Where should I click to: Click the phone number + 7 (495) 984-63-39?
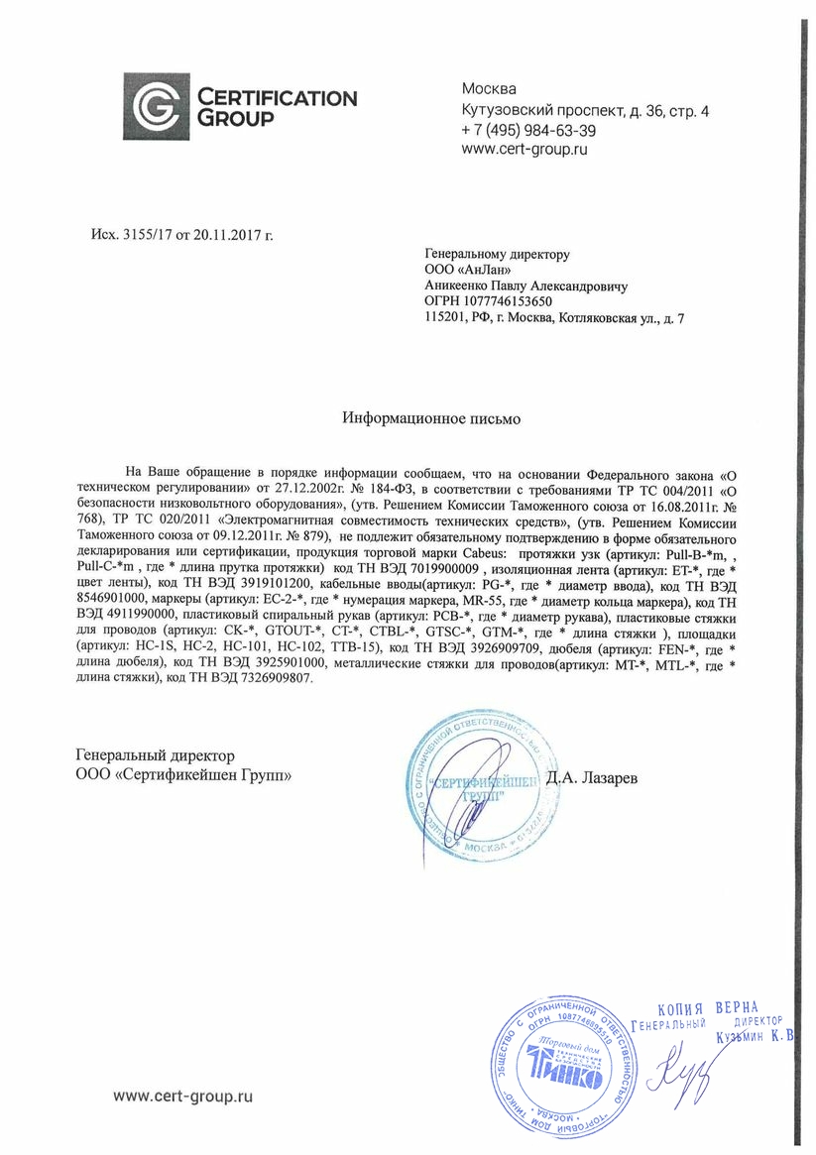click(x=528, y=131)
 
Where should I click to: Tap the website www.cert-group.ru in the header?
click(x=525, y=150)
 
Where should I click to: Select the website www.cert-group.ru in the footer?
click(x=183, y=1096)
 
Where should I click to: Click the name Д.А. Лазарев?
click(x=592, y=778)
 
